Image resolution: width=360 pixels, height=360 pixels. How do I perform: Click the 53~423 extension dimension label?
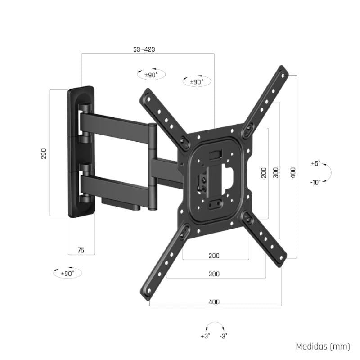click(144, 49)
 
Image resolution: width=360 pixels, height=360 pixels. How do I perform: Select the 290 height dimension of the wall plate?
click(44, 153)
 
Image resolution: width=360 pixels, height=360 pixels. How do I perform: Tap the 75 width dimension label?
click(81, 250)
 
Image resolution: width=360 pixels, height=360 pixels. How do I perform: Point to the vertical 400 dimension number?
click(293, 172)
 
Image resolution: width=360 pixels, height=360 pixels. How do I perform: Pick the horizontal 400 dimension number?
click(214, 302)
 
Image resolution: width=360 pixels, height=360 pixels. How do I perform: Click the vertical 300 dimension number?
click(276, 172)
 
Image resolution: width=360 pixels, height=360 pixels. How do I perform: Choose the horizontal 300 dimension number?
click(214, 274)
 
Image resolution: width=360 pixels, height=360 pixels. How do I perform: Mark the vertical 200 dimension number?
click(264, 172)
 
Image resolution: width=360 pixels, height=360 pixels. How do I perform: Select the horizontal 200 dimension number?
click(214, 256)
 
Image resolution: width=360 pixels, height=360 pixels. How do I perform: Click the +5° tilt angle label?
click(315, 163)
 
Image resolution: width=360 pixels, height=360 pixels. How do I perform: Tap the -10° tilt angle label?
click(315, 182)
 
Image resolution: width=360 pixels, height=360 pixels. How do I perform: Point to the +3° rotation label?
click(205, 336)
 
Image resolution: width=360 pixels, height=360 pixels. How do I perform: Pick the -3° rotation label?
click(223, 336)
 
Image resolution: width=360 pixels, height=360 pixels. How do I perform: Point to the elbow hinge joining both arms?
click(153, 166)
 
